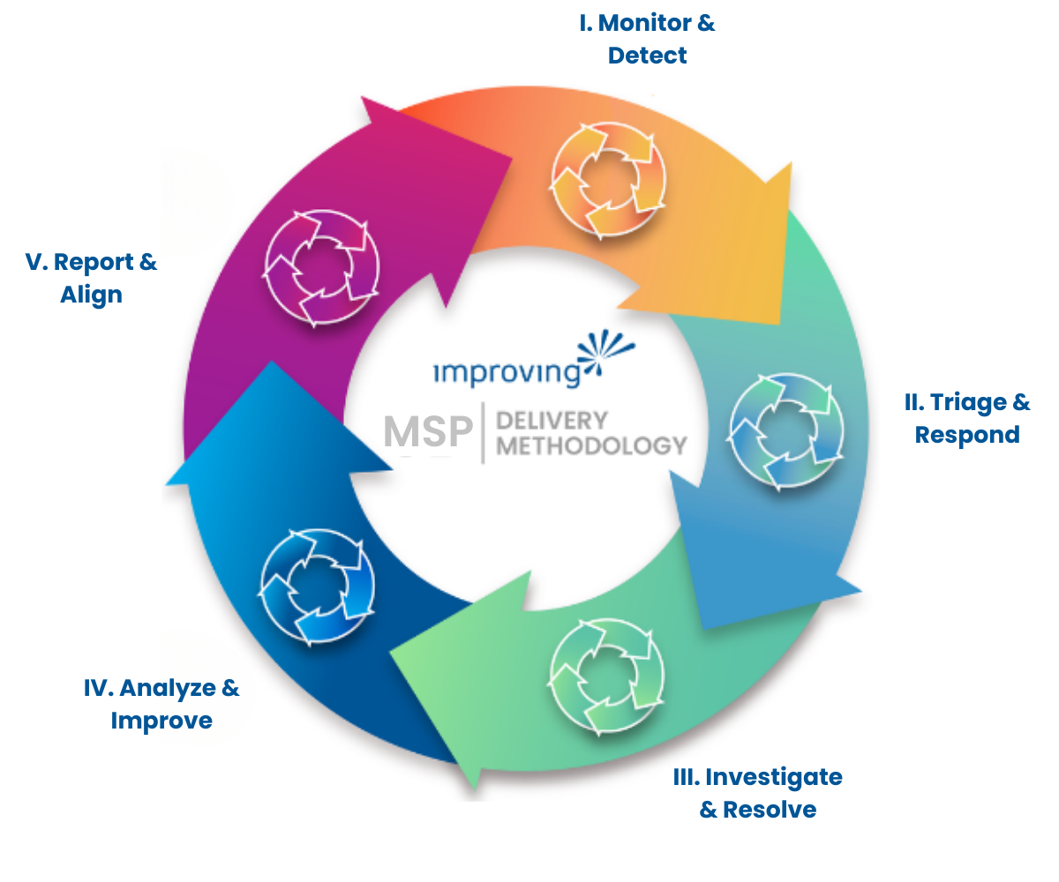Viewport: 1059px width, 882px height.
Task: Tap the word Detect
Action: pos(647,56)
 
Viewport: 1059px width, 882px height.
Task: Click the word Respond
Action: pos(967,435)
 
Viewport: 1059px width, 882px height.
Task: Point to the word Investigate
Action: pos(773,777)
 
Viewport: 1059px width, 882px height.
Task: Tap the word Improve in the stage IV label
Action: pos(161,721)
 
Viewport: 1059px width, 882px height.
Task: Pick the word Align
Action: pos(91,295)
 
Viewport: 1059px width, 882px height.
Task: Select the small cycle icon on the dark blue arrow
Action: pos(318,586)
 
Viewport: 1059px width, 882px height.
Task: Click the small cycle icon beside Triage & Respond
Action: pos(786,432)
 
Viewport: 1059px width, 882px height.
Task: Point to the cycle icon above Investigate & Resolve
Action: pos(606,676)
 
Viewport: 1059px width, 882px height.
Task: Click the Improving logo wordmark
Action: pos(507,372)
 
